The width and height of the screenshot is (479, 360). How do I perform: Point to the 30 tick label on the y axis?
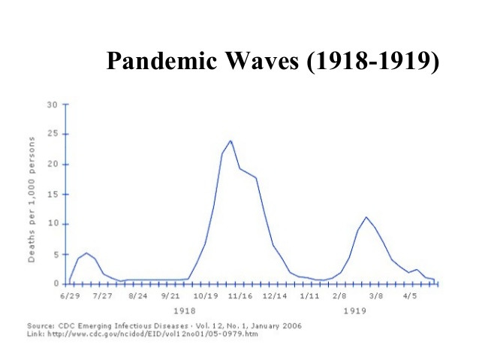(53, 104)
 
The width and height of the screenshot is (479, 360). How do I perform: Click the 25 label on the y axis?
(53, 134)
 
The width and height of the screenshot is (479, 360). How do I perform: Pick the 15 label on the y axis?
(53, 194)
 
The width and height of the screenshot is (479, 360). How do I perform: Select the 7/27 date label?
(102, 297)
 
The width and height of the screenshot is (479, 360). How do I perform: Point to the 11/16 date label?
(240, 297)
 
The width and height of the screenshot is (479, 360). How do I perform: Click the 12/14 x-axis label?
(275, 297)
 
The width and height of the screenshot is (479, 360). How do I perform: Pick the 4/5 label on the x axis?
(410, 297)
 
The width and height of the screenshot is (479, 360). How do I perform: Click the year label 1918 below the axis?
(184, 310)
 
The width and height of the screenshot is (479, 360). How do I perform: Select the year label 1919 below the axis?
(354, 310)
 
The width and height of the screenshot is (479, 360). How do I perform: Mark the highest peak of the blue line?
(230, 141)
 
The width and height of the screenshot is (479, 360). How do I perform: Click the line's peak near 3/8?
(366, 217)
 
